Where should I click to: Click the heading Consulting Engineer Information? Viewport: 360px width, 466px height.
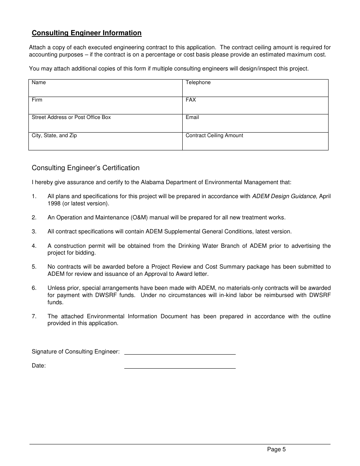tap(86, 33)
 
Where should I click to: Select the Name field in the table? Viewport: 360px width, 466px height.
tap(105, 88)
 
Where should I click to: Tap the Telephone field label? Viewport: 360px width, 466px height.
tap(198, 83)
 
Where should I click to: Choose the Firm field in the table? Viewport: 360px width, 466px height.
tap(105, 105)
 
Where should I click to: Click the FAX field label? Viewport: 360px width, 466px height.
tap(191, 100)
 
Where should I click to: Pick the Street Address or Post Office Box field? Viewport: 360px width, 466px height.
tap(105, 123)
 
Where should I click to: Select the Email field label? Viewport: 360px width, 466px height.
tap(192, 117)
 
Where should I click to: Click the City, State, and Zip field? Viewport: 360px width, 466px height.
tap(105, 141)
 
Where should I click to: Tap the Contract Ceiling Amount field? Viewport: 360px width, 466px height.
tap(255, 141)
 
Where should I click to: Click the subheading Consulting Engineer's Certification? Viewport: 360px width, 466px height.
tap(86, 168)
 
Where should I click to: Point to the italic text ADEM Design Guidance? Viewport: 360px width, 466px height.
tap(284, 196)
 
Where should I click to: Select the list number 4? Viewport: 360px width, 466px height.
tap(34, 246)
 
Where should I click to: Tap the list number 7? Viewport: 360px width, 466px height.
tap(34, 316)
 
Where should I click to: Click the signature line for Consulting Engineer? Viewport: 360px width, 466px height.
tap(180, 352)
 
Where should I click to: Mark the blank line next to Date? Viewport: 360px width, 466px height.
tap(180, 366)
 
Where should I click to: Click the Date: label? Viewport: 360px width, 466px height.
tap(39, 366)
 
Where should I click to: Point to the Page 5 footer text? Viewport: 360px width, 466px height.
tap(276, 450)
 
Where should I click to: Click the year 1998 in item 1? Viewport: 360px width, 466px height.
tap(54, 203)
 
